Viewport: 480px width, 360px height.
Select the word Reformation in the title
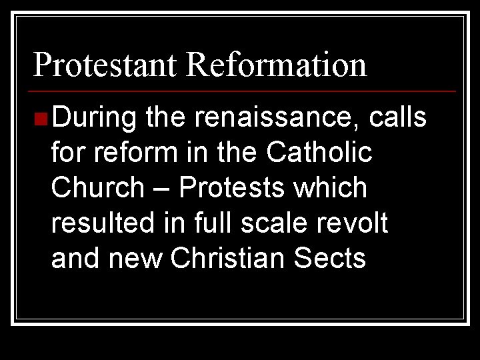277,65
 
